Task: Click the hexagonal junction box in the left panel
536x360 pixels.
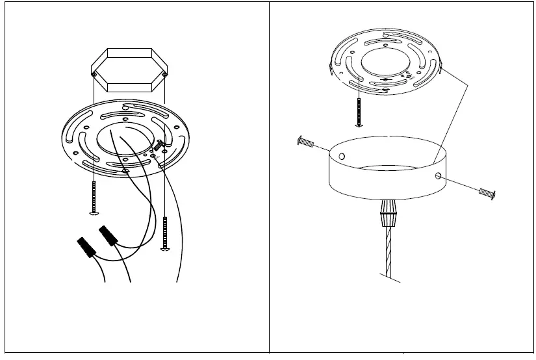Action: click(x=130, y=70)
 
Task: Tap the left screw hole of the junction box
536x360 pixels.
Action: click(x=95, y=76)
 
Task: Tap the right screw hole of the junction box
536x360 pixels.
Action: click(x=165, y=75)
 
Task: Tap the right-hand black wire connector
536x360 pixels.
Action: click(x=108, y=236)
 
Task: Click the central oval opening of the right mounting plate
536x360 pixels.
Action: click(x=386, y=64)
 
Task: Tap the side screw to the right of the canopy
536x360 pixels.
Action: click(x=487, y=192)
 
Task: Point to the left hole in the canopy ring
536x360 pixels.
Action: click(x=342, y=156)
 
